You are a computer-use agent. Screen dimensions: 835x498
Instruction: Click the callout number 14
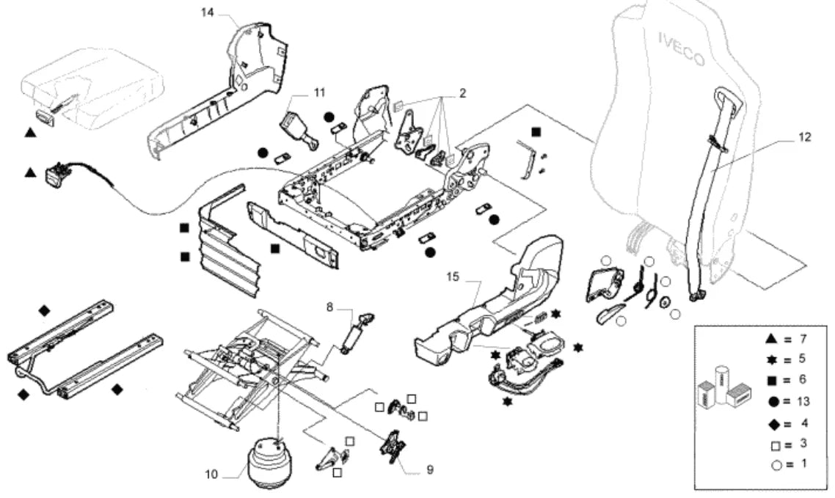207,12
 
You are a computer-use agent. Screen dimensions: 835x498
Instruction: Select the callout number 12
804,137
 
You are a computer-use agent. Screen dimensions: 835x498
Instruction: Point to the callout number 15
453,277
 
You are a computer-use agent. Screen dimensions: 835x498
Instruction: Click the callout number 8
329,307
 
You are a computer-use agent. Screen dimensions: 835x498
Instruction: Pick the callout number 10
211,474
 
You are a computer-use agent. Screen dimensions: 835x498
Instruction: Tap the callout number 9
430,469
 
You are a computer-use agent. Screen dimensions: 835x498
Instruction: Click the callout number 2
462,93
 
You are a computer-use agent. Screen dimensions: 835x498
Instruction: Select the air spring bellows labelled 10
270,463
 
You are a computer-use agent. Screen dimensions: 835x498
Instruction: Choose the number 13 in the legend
803,401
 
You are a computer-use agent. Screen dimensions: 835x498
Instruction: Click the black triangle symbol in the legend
772,338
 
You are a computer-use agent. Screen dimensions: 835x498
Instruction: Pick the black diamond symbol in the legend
775,424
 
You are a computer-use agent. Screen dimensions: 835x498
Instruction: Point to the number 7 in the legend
803,338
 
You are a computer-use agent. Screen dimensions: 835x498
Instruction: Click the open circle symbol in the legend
776,466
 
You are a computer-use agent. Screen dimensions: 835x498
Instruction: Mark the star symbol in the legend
772,359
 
